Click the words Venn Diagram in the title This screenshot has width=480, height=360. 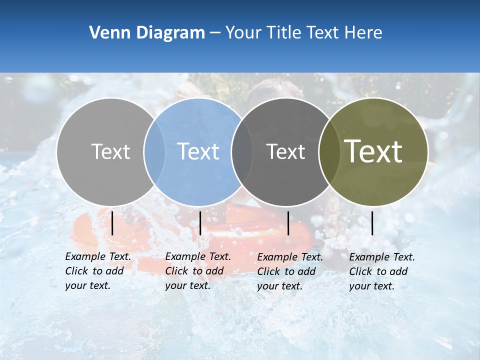[x=147, y=33]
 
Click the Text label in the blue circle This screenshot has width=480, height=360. [x=198, y=151]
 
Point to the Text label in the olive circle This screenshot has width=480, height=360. [x=373, y=151]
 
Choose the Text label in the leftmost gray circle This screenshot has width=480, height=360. [x=110, y=151]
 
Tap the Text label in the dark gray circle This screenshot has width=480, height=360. [x=286, y=151]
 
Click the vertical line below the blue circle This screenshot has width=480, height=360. [x=200, y=223]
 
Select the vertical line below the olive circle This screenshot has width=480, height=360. [x=372, y=223]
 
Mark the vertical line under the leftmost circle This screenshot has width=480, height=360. [x=112, y=223]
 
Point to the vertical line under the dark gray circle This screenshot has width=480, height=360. [x=288, y=223]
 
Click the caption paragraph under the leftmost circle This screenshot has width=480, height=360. [x=97, y=271]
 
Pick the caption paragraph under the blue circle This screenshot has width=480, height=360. [x=197, y=271]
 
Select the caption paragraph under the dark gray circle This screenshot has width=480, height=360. [x=289, y=271]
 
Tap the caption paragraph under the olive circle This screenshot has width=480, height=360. [x=381, y=271]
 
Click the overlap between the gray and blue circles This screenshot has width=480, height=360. [x=154, y=151]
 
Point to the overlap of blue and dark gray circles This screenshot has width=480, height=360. [x=242, y=151]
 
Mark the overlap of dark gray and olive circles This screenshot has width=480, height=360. [x=329, y=151]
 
